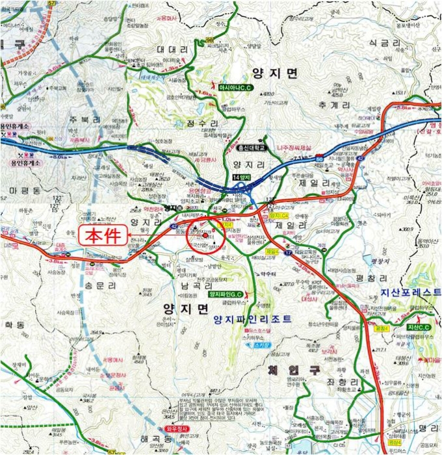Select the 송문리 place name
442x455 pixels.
(x=100, y=285)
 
